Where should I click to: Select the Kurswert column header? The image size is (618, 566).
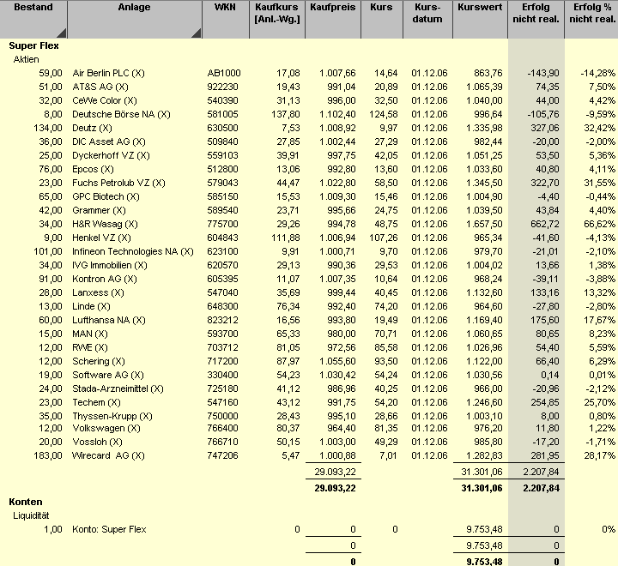[480, 8]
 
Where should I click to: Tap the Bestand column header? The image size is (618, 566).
[33, 8]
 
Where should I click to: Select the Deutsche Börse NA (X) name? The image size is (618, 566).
[121, 114]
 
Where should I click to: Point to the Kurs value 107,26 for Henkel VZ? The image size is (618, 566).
[383, 238]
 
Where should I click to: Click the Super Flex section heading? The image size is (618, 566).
[33, 45]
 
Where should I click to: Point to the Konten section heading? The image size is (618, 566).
[25, 502]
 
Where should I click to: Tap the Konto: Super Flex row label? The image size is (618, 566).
[109, 529]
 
